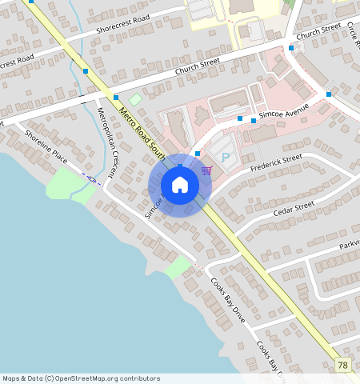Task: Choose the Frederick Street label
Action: [276, 164]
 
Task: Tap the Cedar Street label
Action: [294, 208]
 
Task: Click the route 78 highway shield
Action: [343, 365]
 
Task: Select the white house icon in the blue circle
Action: [180, 186]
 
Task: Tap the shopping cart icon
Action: [206, 170]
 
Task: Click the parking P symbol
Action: [225, 158]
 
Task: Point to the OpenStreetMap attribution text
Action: [81, 378]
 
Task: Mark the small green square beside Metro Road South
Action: [136, 99]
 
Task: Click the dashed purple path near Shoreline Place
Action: [94, 179]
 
